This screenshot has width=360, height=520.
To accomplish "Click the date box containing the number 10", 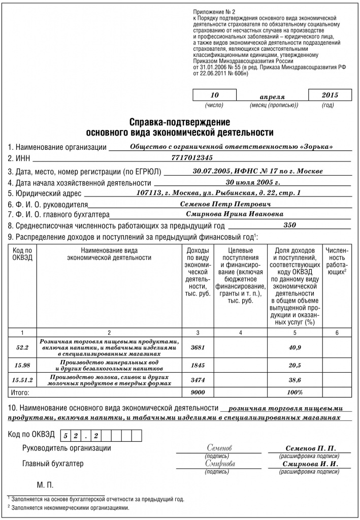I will [x=215, y=95].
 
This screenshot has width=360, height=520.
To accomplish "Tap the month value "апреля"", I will [x=272, y=96].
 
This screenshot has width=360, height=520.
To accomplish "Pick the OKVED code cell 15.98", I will [x=22, y=365].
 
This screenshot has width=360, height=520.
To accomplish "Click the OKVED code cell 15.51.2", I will [x=22, y=380].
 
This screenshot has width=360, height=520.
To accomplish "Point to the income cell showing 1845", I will [x=198, y=365].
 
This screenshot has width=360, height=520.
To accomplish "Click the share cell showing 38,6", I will [x=294, y=380].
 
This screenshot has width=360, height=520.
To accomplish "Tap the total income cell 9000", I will [x=198, y=393].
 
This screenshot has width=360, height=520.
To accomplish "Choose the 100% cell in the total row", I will [x=294, y=393].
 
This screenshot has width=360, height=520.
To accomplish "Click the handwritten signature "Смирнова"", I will [x=220, y=464].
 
